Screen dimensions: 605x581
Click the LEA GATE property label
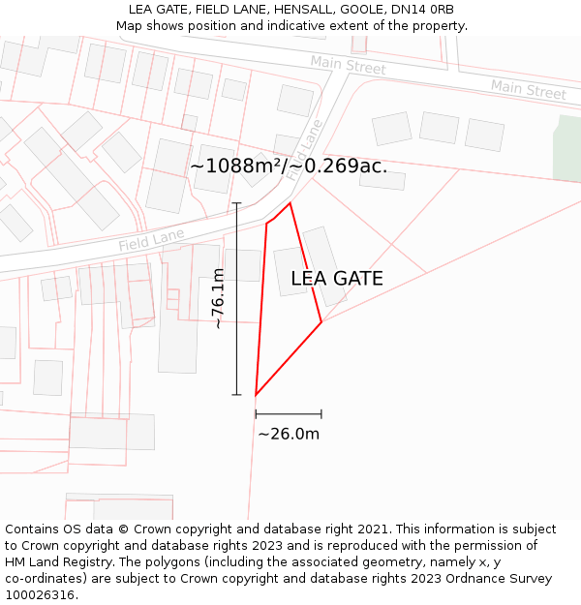click(x=337, y=279)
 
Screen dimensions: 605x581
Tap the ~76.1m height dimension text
click(x=219, y=299)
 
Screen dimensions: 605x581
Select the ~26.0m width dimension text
click(x=289, y=434)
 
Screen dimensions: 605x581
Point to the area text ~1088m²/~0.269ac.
click(x=289, y=166)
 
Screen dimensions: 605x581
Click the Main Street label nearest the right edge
click(x=528, y=90)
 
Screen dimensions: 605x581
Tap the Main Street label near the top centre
click(x=348, y=65)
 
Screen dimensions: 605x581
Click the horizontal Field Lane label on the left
click(x=151, y=240)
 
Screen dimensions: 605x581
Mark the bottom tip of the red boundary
click(x=256, y=395)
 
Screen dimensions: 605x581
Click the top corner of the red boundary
click(x=290, y=202)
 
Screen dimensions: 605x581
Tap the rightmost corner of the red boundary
click(x=321, y=322)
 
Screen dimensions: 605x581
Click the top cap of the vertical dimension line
click(x=236, y=202)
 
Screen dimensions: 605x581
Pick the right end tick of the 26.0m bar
click(x=321, y=413)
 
